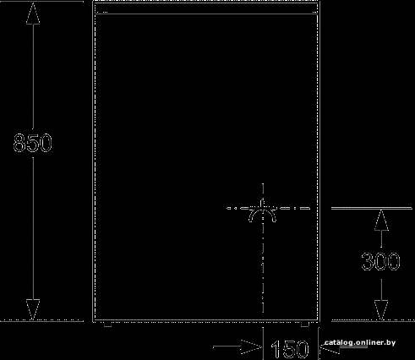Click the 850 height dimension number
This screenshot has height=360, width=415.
tap(33, 143)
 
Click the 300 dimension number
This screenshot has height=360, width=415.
tap(380, 261)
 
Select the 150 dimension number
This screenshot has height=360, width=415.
tap(290, 349)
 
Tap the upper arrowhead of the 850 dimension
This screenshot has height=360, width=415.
tap(33, 14)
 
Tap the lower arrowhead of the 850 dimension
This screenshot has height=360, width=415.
tap(33, 309)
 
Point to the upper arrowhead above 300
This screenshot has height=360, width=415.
tap(381, 221)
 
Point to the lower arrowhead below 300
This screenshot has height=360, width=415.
tap(381, 310)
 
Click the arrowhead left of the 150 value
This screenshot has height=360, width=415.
tap(252, 346)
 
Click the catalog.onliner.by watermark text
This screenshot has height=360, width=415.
tap(360, 342)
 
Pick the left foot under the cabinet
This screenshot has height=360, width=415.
tap(108, 325)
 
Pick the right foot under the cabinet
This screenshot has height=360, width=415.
tap(305, 325)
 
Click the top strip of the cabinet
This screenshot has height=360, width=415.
tap(206, 8)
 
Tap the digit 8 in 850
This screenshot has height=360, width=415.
tap(19, 143)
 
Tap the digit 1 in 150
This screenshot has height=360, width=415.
tap(276, 349)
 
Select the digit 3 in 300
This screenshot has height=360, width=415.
tap(367, 261)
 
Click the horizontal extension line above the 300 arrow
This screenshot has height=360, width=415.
tap(371, 208)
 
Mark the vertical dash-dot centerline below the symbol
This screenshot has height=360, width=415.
tap(263, 268)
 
